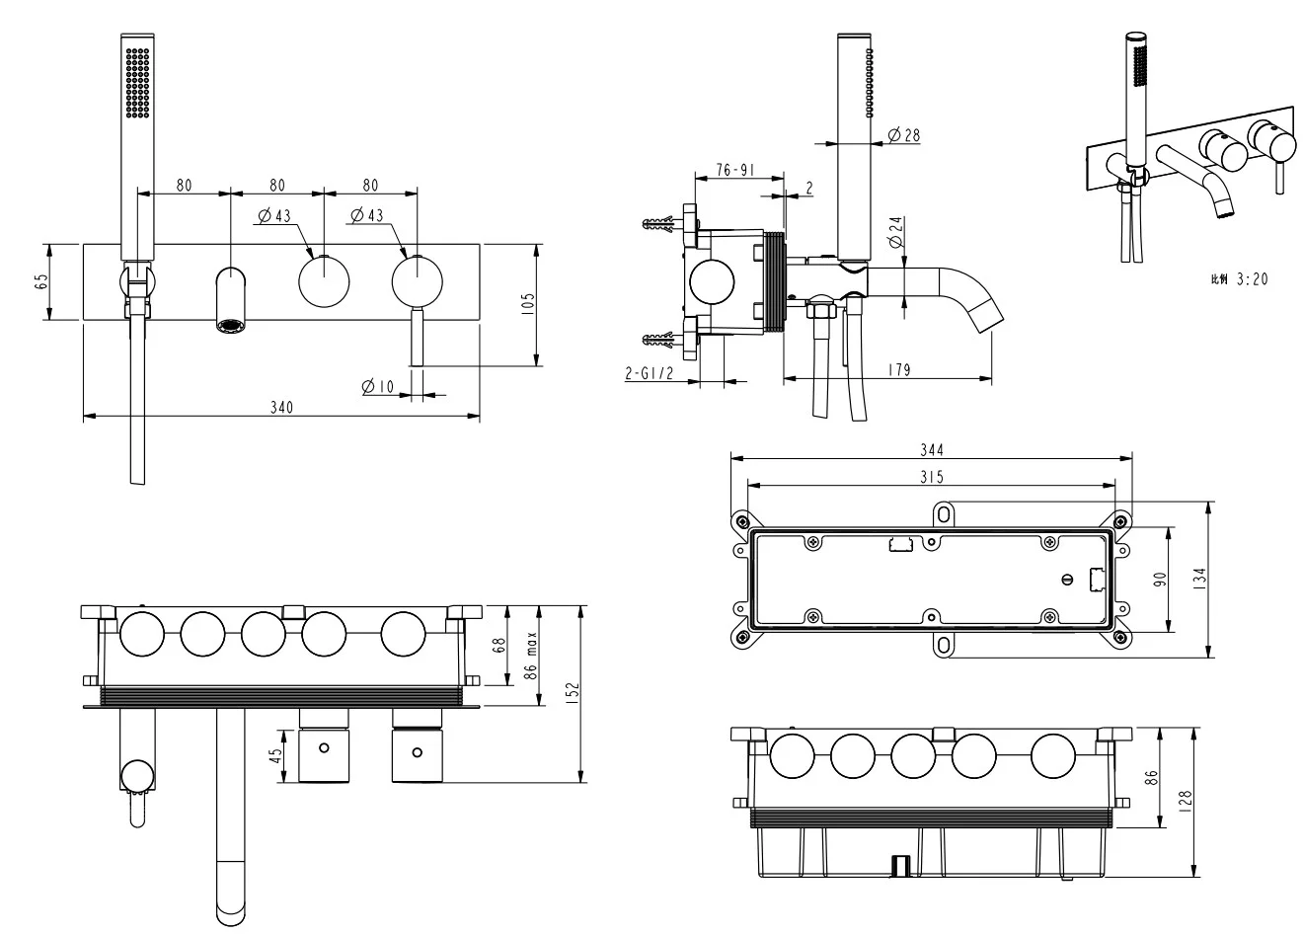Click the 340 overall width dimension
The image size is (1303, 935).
coord(281,407)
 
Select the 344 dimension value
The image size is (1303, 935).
coord(932,449)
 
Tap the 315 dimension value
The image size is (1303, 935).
coord(932,477)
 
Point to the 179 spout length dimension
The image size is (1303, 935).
coord(898,369)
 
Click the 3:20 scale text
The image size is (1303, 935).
coord(1250,279)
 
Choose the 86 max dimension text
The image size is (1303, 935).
coord(530,657)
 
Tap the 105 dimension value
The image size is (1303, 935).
coord(528,304)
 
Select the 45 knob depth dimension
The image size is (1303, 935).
coord(277,755)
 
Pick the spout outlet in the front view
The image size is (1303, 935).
coord(231,325)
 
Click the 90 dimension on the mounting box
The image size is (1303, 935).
coord(1160,580)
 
